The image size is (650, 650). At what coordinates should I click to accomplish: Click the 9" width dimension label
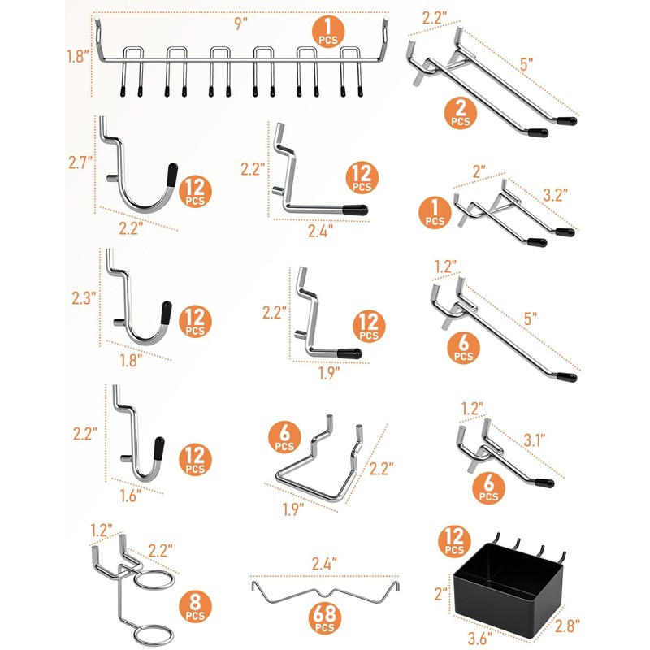240,24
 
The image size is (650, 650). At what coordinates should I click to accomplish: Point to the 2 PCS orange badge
460,113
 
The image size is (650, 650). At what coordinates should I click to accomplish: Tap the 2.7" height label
80,162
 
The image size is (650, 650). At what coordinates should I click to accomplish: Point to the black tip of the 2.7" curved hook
172,173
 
